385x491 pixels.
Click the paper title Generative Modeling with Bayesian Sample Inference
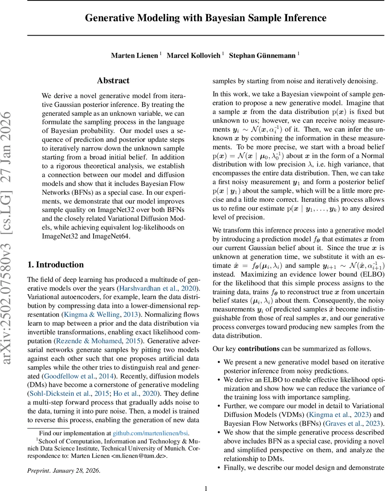205,18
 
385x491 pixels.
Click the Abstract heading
113,81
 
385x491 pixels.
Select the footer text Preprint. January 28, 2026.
63,470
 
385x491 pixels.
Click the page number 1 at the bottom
206,488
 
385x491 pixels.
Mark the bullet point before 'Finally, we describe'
219,468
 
